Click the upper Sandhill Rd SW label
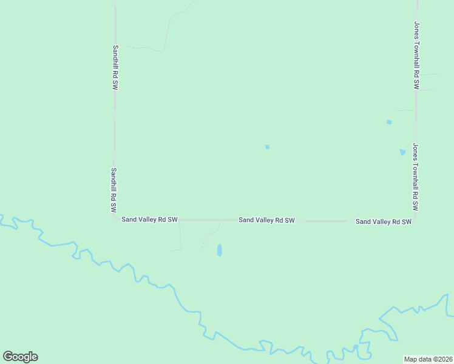point(114,67)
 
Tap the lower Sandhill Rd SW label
point(113,190)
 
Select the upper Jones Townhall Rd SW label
point(416,56)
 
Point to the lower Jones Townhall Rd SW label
point(416,177)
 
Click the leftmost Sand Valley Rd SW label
point(149,219)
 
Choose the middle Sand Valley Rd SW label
point(266,220)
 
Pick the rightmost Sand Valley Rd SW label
point(384,222)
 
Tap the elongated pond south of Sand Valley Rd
point(219,250)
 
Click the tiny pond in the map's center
point(267,147)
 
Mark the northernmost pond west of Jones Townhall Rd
point(389,122)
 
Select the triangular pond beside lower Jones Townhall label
point(402,152)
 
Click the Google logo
point(20,357)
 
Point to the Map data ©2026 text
point(428,359)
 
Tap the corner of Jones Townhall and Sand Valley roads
point(416,221)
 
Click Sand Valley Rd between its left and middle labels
point(206,220)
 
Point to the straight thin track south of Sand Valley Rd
point(180,237)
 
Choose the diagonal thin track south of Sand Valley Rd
point(211,236)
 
